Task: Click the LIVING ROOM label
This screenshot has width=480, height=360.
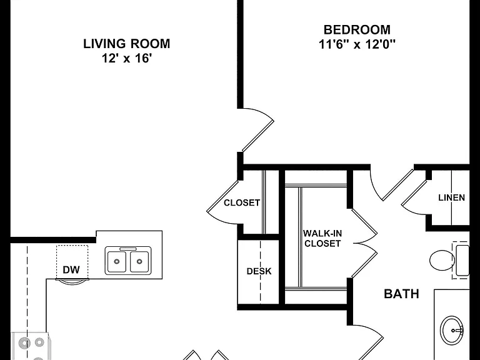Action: click(x=127, y=44)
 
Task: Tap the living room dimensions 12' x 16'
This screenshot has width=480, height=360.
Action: click(x=127, y=58)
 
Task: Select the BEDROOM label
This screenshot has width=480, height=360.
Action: click(x=357, y=30)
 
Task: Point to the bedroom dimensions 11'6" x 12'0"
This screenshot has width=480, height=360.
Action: click(x=357, y=44)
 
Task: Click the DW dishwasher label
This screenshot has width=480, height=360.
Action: click(x=71, y=270)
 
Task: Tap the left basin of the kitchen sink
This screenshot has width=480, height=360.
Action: click(x=116, y=261)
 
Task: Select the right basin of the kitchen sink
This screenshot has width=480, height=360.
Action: click(x=139, y=261)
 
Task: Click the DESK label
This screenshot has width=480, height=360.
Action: click(x=259, y=271)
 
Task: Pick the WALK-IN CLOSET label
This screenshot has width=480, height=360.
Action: click(x=322, y=239)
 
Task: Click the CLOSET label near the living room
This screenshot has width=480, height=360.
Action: click(x=242, y=202)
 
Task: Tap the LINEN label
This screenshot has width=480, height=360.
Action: click(x=451, y=197)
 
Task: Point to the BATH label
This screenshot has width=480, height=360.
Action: click(x=401, y=294)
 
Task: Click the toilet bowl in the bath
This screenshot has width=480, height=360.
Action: click(x=442, y=260)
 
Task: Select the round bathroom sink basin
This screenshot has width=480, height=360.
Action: click(x=451, y=331)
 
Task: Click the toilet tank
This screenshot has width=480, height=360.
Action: click(x=462, y=260)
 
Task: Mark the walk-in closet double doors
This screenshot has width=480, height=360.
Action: click(x=364, y=243)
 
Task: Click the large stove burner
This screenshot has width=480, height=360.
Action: click(x=24, y=343)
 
